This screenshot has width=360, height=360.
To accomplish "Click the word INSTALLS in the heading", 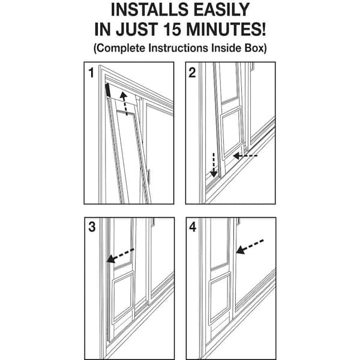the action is click(149, 10).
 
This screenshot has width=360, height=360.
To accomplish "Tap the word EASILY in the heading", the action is click(221, 10).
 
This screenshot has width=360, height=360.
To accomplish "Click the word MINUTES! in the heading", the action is click(226, 29).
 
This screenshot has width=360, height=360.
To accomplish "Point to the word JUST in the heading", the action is click(137, 29).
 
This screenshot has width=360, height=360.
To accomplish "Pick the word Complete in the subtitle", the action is click(121, 48).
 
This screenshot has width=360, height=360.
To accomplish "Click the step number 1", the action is click(91, 73).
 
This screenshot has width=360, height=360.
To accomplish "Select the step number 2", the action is click(192, 73).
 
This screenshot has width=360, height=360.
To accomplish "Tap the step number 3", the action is click(92, 227).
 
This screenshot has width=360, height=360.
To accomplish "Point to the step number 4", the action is click(193, 227).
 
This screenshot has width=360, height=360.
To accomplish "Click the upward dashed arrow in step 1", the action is click(124, 104).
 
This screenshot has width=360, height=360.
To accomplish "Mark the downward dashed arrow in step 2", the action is click(214, 165).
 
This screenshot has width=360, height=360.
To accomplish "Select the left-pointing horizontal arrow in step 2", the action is click(245, 156).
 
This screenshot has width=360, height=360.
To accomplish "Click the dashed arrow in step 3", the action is click(121, 256).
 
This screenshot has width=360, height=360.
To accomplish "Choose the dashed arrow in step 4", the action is click(250, 247).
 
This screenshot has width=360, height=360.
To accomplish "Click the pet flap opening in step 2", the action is click(232, 133).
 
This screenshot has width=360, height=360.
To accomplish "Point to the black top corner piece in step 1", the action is click(107, 90).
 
